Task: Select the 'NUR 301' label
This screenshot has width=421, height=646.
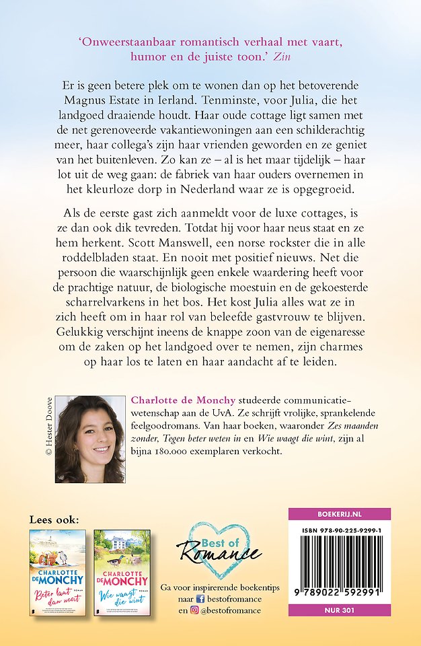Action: coord(339,610)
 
